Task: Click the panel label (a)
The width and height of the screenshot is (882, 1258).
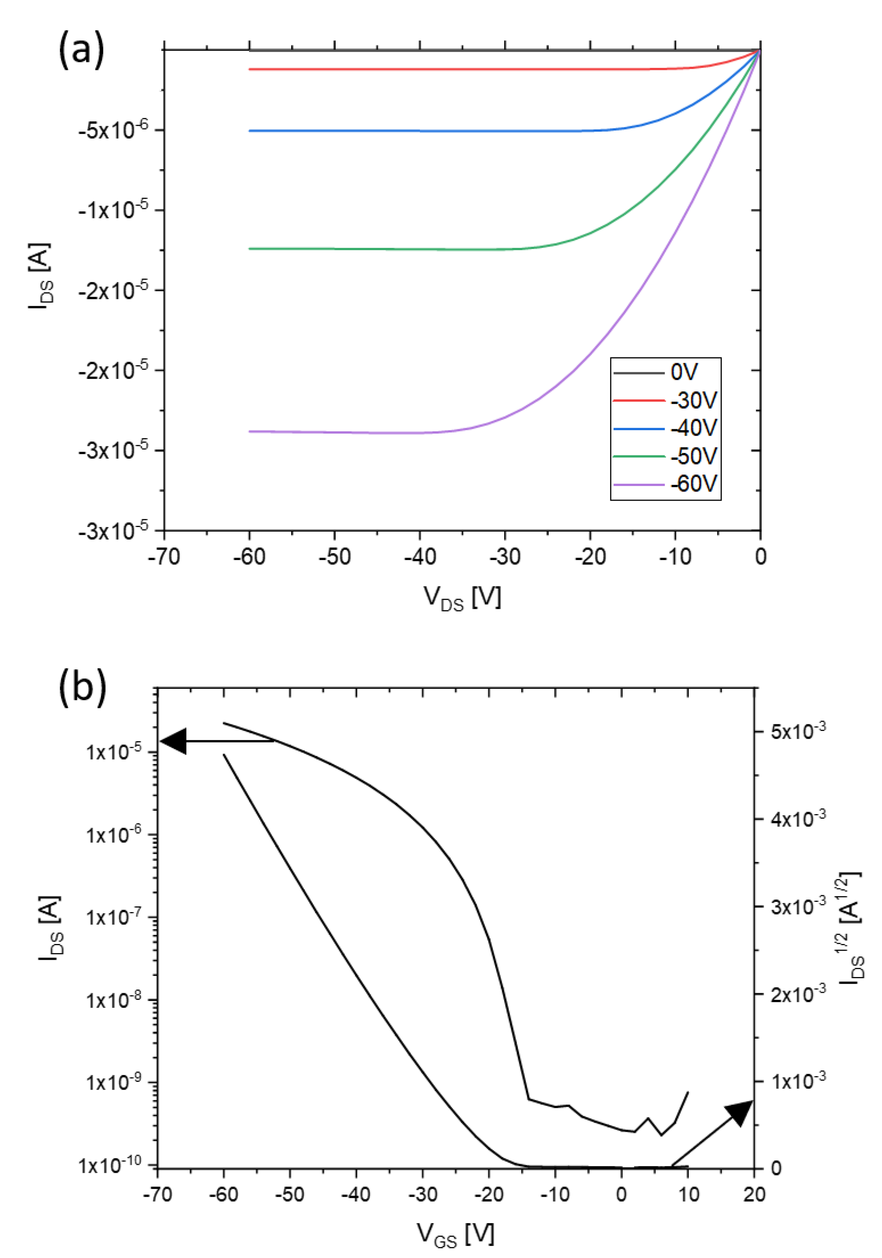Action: [x=81, y=50]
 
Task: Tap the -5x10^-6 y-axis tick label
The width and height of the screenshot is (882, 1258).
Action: [x=112, y=131]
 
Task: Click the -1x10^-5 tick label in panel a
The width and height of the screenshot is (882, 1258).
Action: [x=112, y=210]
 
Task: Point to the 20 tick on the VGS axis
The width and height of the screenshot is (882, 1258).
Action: [x=754, y=1195]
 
